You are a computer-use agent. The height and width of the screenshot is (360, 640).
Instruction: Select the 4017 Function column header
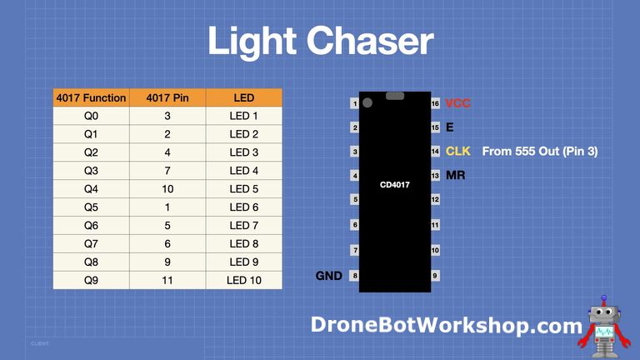tap(91, 98)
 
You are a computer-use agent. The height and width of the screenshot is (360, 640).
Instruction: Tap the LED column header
tap(243, 98)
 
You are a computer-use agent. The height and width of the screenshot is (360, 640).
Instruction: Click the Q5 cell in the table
tap(91, 207)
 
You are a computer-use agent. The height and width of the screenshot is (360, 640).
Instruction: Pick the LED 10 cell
tap(243, 280)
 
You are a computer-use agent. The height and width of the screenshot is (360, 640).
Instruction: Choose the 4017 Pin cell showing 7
tap(167, 171)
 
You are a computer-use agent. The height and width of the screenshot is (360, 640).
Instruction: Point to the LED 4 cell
tap(243, 171)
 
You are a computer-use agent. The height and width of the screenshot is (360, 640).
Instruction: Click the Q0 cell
tap(91, 117)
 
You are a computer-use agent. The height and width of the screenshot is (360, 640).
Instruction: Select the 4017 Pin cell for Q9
tap(167, 280)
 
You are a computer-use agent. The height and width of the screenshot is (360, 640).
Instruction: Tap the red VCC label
tap(458, 103)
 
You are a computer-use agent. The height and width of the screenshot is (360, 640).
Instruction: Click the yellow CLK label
tap(458, 152)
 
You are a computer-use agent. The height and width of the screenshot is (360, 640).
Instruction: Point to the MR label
tap(455, 176)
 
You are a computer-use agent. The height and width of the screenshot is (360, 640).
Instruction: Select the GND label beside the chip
tap(329, 276)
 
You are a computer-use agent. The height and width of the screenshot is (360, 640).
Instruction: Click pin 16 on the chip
tap(435, 103)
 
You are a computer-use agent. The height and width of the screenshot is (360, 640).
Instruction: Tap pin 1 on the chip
tap(355, 103)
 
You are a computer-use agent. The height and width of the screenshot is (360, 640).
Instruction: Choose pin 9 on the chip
tap(435, 276)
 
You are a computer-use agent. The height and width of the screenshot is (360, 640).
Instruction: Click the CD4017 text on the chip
tap(394, 185)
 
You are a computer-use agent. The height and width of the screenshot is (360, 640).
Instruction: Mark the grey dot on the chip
tap(367, 103)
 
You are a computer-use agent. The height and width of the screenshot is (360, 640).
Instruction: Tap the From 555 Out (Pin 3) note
tap(540, 152)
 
